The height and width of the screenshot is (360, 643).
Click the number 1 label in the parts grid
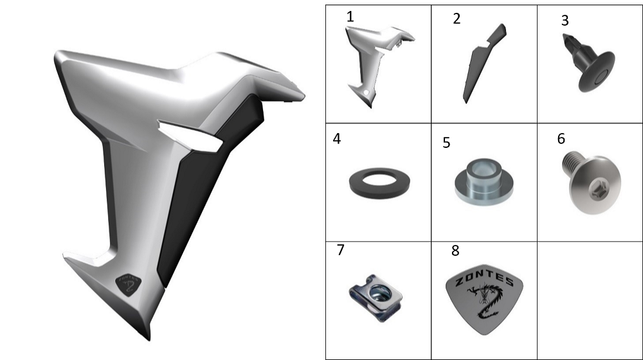(350, 17)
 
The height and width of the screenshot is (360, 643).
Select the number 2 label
(457, 19)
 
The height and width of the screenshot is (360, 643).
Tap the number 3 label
(565, 21)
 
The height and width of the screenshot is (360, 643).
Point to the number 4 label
(336, 139)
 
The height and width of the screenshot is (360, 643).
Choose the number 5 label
(446, 143)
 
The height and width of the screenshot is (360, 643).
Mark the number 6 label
(561, 139)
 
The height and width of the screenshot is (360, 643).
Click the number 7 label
(340, 249)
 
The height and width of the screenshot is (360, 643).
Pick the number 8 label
(455, 251)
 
